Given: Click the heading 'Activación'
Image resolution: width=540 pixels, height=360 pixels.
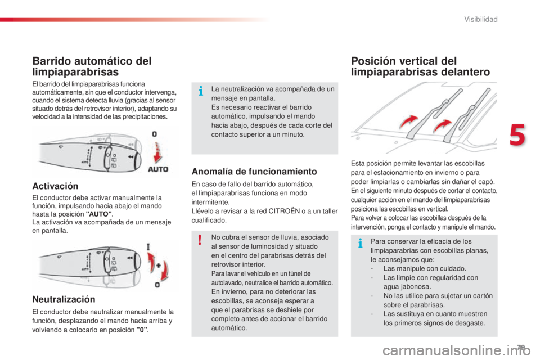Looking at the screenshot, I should (x=55, y=186).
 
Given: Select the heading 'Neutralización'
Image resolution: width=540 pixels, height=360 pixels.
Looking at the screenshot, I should (x=64, y=300).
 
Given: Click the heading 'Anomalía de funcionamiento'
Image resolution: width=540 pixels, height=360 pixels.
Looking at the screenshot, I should (x=254, y=171).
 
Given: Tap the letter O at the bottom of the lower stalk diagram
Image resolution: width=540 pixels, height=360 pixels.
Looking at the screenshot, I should (x=157, y=285).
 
